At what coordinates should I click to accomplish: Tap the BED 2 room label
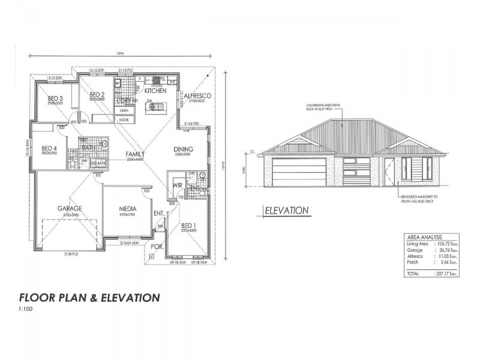pyautogui.click(x=97, y=94)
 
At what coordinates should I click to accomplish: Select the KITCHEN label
pyautogui.click(x=154, y=91)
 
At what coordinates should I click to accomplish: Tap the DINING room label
pyautogui.click(x=183, y=149)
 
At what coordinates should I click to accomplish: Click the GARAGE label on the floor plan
pyautogui.click(x=69, y=209)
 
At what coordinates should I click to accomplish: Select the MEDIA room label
pyautogui.click(x=129, y=209)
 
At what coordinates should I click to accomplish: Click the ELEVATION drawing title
pyautogui.click(x=287, y=211)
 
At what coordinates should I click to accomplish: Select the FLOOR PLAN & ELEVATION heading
pyautogui.click(x=89, y=297)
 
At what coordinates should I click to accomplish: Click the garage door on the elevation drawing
pyautogui.click(x=297, y=172)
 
